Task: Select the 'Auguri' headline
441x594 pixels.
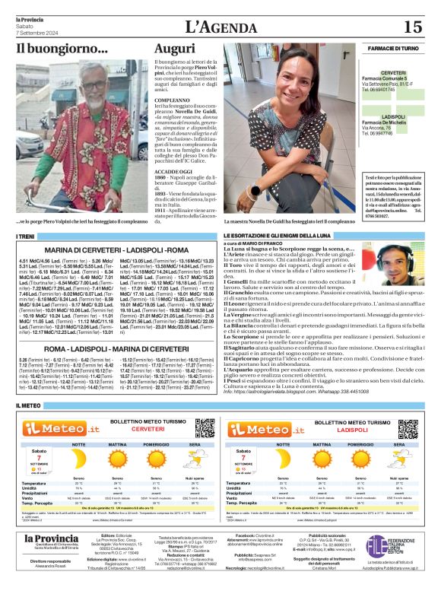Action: (x=174, y=49)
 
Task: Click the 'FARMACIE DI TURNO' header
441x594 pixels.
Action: (x=392, y=48)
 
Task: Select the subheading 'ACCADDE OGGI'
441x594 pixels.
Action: (x=173, y=173)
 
